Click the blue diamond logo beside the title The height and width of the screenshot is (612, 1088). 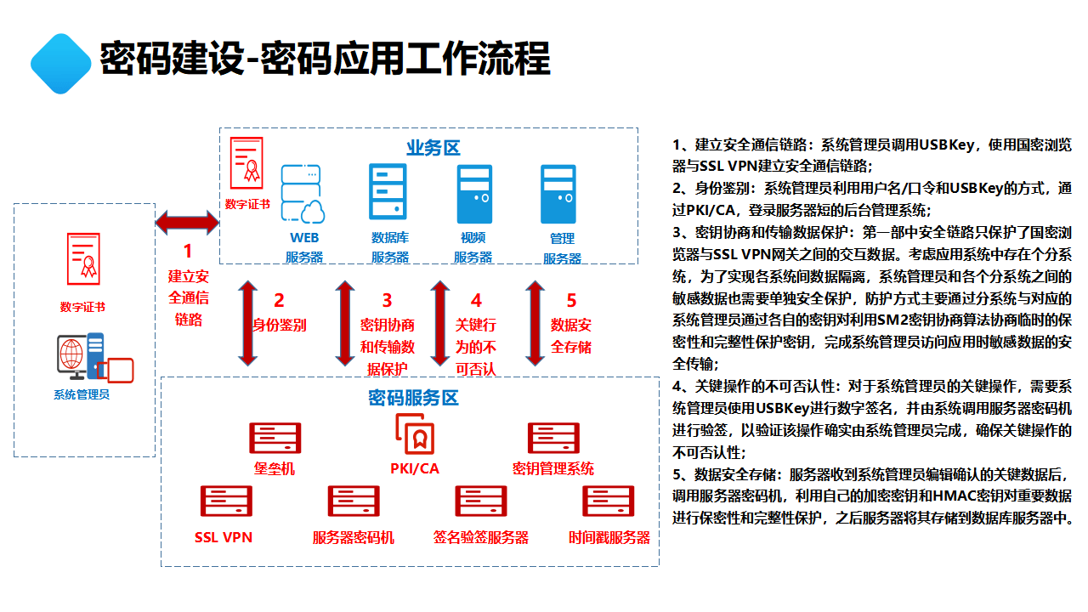click(60, 64)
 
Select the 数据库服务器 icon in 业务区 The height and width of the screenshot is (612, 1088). click(388, 192)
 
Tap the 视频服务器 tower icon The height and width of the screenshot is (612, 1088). click(474, 194)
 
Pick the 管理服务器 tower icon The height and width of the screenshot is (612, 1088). click(558, 194)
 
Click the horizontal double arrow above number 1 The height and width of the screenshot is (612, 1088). click(187, 224)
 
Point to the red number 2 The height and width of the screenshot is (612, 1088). click(278, 300)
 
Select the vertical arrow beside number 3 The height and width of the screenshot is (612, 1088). click(344, 323)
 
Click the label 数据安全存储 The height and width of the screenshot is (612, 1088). click(571, 336)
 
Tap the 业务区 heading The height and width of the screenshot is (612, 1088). click(433, 148)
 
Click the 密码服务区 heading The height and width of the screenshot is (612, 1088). click(413, 398)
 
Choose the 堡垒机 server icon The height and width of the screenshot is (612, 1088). click(275, 438)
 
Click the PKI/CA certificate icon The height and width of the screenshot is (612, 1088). click(415, 434)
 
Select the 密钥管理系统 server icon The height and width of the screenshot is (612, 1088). click(553, 438)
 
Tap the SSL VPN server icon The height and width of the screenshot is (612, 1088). click(224, 501)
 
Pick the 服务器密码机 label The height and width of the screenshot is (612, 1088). click(353, 538)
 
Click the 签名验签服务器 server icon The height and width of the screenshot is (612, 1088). click(481, 501)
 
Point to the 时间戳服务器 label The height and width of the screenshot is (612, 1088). click(609, 538)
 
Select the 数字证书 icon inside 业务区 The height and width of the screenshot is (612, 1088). click(247, 163)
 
